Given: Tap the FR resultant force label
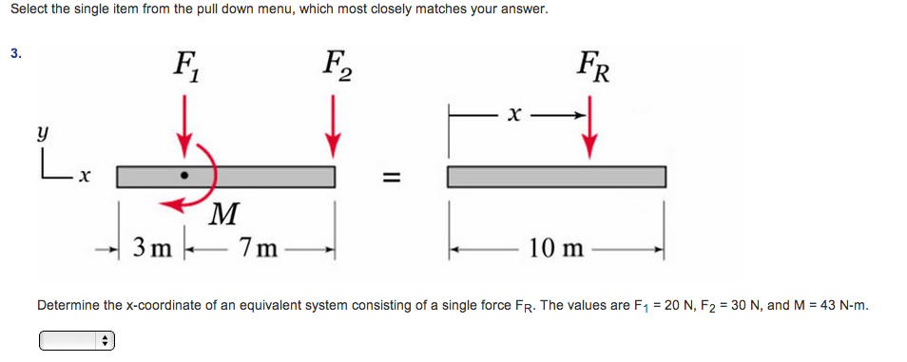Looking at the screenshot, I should (x=592, y=68).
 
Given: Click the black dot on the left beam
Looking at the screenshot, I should (x=184, y=177).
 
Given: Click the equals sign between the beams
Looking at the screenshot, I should (x=391, y=178).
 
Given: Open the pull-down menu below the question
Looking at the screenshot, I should (x=76, y=339).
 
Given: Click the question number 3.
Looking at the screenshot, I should (x=15, y=53).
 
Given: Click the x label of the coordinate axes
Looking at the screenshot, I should (x=84, y=177).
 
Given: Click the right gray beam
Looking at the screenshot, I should (x=555, y=178).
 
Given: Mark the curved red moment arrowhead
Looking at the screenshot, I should (x=166, y=200).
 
